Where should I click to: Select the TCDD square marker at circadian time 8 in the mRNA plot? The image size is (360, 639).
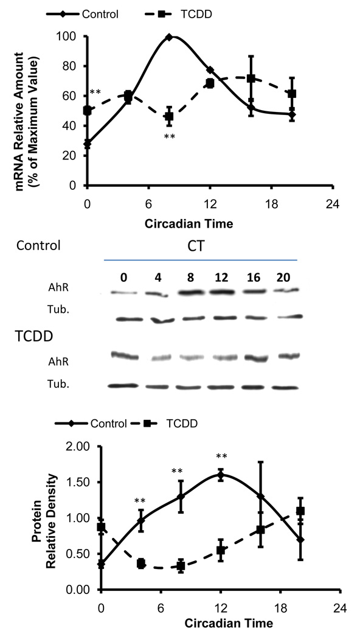tap(169, 116)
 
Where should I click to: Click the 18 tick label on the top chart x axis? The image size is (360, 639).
tap(291, 200)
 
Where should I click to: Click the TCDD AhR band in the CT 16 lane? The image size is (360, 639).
tap(251, 357)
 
